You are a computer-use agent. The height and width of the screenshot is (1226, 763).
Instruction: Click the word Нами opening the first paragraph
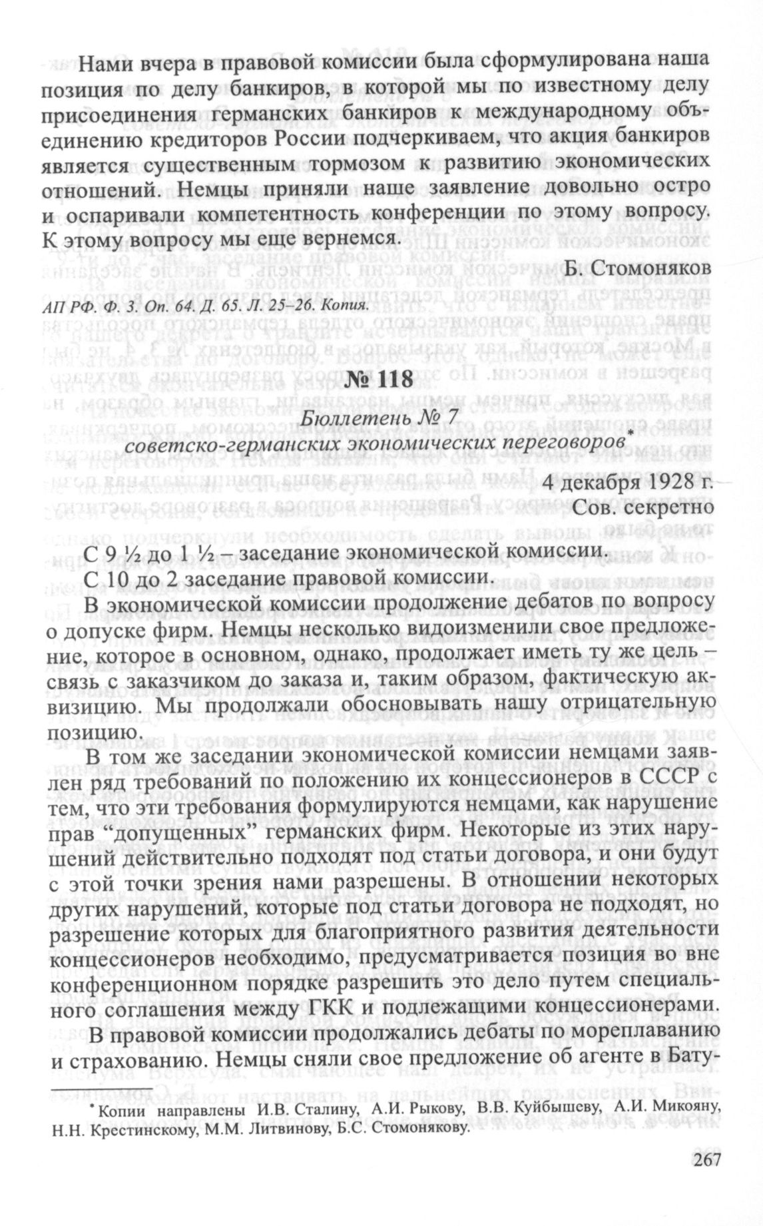point(105,66)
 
